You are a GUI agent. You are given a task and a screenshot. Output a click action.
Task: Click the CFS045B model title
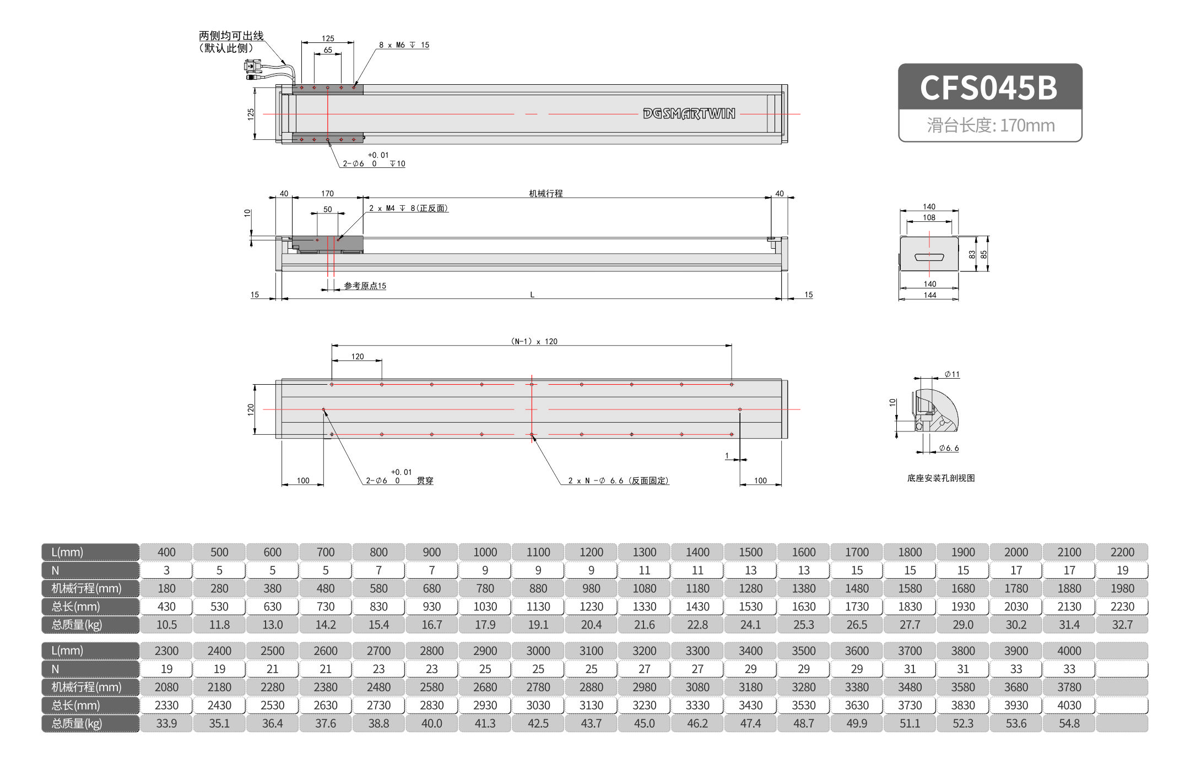989,88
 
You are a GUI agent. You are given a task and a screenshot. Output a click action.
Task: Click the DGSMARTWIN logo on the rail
689,114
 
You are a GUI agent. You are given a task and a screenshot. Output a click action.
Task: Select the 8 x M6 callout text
404,45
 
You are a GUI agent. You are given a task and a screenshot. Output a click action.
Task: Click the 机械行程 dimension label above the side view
545,193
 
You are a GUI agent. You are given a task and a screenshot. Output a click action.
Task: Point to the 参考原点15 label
365,286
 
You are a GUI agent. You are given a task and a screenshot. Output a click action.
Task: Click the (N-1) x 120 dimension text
534,341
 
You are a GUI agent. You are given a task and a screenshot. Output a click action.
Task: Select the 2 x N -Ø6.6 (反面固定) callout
618,480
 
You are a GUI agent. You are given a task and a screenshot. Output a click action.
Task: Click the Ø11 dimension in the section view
952,374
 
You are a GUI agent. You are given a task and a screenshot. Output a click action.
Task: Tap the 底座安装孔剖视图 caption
940,478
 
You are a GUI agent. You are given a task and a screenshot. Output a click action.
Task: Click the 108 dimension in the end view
929,217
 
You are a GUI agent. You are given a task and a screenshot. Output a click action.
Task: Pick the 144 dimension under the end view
929,295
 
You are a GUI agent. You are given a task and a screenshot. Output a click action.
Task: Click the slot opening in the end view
929,257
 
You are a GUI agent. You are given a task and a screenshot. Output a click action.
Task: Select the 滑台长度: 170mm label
990,125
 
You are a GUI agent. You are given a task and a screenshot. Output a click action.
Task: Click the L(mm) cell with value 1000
485,552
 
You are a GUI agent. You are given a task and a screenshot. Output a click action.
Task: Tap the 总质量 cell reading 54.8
1069,723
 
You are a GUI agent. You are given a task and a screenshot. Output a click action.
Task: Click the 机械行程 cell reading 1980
1122,588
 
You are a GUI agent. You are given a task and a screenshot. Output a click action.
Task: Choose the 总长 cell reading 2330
166,705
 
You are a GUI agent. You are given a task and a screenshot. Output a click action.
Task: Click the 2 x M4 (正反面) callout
408,208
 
